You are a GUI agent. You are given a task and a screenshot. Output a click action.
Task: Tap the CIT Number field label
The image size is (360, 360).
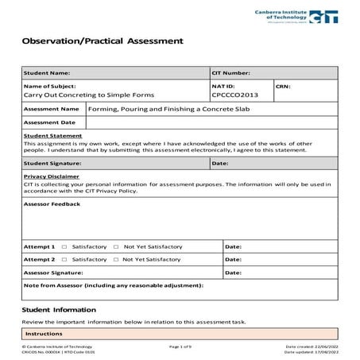click(x=231, y=72)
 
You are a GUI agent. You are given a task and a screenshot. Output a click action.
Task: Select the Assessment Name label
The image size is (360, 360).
click(x=52, y=108)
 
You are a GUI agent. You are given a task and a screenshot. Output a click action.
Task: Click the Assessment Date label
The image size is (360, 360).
click(x=50, y=122)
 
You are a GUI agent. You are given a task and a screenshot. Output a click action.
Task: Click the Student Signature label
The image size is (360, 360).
click(x=53, y=163)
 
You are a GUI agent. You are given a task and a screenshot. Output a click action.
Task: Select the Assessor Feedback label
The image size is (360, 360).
click(x=52, y=203)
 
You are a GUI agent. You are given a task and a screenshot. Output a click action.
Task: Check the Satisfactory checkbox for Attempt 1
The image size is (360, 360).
click(x=64, y=247)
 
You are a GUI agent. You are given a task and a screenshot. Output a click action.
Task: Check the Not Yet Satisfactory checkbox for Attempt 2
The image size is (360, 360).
click(x=116, y=260)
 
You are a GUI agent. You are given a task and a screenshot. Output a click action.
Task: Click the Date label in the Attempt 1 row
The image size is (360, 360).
click(x=233, y=247)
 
